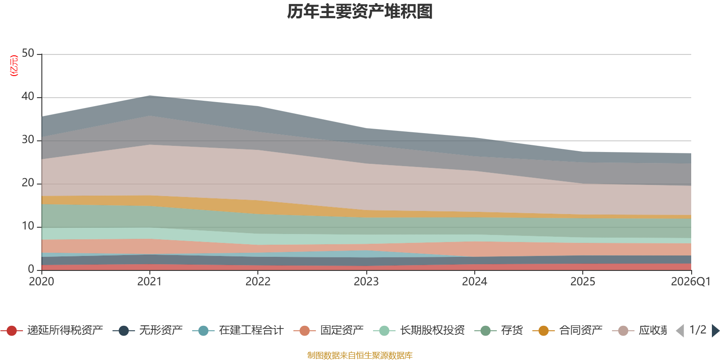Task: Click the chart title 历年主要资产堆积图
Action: (360, 12)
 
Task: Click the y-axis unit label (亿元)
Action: (14, 66)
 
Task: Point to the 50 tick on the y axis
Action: (28, 54)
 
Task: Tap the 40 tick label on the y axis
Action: (28, 97)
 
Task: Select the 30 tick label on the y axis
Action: (28, 140)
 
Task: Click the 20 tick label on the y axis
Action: (28, 183)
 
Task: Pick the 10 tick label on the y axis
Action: (28, 226)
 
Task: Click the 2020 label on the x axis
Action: (41, 282)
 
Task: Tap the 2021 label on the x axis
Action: (149, 282)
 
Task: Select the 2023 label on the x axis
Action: (366, 282)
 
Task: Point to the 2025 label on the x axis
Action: (583, 282)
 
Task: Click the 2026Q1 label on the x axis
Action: (690, 282)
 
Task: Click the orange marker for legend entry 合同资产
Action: (544, 331)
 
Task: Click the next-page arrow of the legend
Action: (715, 331)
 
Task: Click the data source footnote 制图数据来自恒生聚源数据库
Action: (360, 355)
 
